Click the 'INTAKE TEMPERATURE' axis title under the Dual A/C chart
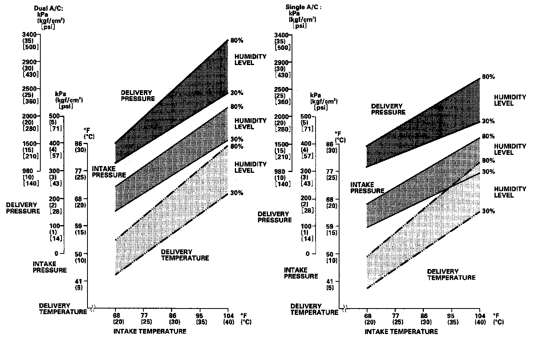coord(150,331)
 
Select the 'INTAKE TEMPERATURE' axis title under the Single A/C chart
coord(401,332)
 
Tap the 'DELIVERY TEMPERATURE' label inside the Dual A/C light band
coord(185,255)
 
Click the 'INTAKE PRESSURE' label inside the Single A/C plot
coord(367,188)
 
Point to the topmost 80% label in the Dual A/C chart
coord(236,40)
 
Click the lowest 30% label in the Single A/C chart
coord(488,211)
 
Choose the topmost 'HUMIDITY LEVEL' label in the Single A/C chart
coord(510,100)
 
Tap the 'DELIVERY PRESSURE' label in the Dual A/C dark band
coord(138,95)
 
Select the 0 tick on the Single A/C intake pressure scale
coord(308,253)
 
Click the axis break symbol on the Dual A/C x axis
coord(93,308)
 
